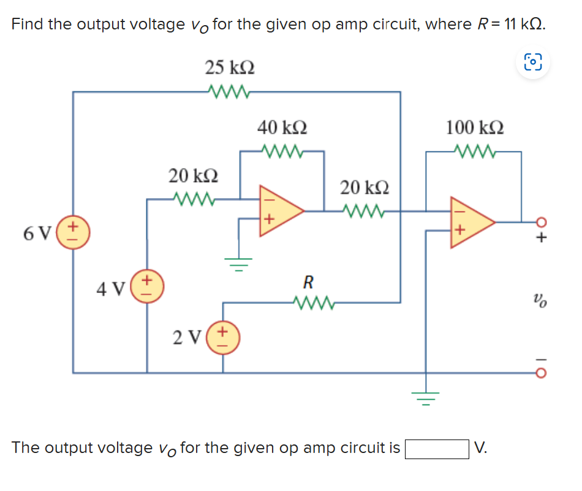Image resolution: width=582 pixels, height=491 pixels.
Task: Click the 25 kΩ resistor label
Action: click(x=230, y=67)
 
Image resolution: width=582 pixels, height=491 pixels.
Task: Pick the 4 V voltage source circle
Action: click(x=146, y=286)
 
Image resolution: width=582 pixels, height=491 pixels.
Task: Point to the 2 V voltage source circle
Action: click(x=222, y=338)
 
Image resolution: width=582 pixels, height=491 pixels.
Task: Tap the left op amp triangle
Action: click(x=279, y=210)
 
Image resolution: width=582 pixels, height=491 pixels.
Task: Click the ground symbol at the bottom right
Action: click(x=427, y=398)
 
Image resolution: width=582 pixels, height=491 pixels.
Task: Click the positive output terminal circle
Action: click(x=540, y=222)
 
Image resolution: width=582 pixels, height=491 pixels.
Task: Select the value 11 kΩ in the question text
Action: click(x=520, y=25)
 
